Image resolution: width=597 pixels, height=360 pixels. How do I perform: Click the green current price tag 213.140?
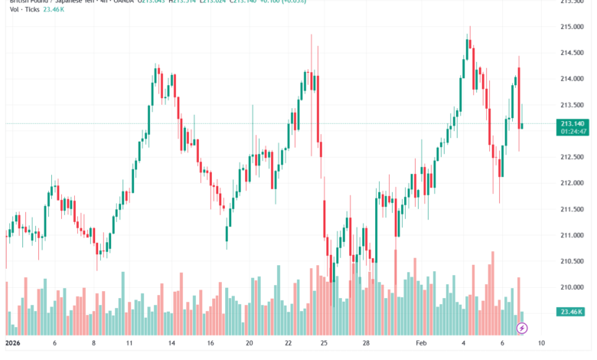pyautogui.click(x=573, y=123)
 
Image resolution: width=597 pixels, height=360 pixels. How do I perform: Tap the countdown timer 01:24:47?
pyautogui.click(x=573, y=132)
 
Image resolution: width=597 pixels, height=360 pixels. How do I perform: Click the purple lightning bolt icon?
pyautogui.click(x=522, y=328)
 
